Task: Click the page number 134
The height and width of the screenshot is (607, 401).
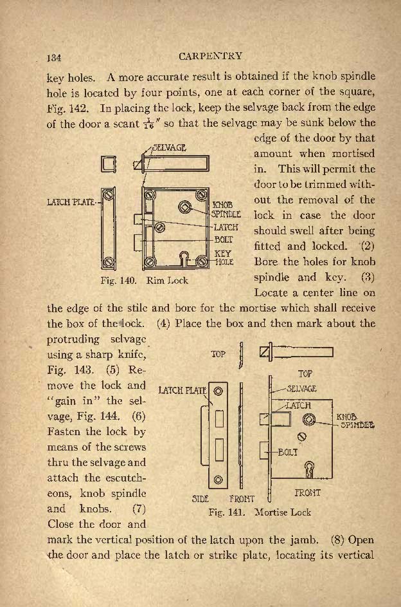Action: click(54, 58)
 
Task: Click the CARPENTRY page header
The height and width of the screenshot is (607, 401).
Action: click(211, 56)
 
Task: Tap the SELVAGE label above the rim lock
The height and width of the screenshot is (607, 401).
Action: click(169, 147)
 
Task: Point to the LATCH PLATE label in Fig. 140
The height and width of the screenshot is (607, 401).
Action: click(71, 202)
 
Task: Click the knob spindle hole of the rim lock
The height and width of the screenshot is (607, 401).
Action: click(184, 207)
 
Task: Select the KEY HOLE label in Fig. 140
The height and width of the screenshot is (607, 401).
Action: click(224, 257)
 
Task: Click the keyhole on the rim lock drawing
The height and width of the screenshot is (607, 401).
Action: click(185, 258)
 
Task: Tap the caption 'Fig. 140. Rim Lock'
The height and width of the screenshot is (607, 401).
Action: click(144, 280)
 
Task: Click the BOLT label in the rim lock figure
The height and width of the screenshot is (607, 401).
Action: click(224, 240)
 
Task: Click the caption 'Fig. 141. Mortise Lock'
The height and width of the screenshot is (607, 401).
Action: click(260, 512)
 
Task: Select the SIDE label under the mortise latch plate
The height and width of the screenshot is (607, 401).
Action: click(200, 499)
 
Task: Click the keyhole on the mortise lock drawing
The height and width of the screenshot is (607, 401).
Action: click(310, 469)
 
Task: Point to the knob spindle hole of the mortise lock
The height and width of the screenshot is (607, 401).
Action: click(308, 419)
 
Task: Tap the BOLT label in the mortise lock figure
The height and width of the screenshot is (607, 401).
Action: click(288, 452)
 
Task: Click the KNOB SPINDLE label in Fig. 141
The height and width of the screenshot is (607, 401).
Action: click(355, 421)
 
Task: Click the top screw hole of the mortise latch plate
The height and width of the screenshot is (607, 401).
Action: click(218, 391)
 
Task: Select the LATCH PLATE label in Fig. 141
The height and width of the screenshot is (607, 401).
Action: click(183, 390)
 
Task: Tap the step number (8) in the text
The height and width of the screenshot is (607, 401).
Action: click(337, 539)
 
